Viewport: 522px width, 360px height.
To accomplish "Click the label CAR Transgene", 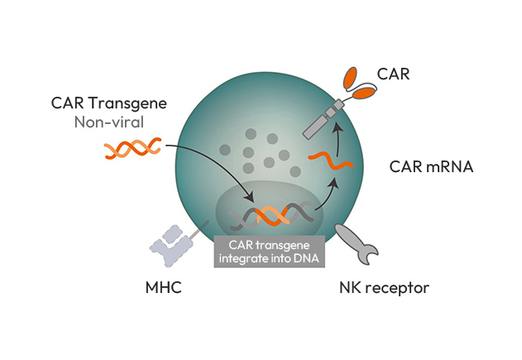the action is point(109,103).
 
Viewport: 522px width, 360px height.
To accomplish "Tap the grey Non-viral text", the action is point(109,122).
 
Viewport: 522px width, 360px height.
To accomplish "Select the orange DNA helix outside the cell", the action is point(133,148).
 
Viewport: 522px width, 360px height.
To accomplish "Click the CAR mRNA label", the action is point(431,166).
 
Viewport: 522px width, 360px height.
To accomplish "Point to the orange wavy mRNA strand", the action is point(330,161).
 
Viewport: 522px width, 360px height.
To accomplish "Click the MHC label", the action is point(164,287).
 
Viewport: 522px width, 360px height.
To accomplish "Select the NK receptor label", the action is point(384,288).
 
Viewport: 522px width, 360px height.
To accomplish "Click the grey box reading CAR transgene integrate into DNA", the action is point(270,252).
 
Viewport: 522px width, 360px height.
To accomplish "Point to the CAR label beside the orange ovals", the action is point(393,74).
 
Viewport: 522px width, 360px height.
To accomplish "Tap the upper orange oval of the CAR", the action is point(350,78).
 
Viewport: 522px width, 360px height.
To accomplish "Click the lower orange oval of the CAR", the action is point(364,93).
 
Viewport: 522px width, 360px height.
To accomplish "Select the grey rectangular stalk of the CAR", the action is point(323,119).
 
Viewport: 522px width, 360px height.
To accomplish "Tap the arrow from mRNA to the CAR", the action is point(339,139).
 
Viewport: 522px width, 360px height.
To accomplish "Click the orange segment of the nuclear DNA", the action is point(273,216).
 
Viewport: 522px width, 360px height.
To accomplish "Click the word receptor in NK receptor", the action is point(397,288).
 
